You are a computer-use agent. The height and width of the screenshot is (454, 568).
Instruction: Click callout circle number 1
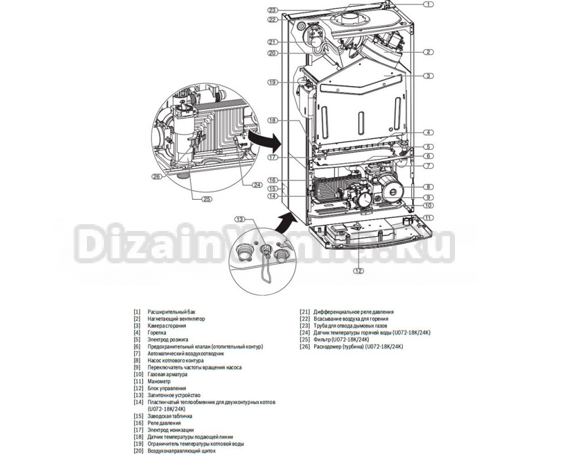pos(428,5)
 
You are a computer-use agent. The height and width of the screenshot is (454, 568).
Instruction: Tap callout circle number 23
pos(273,10)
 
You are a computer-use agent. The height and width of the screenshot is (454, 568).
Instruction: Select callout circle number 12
pos(358,271)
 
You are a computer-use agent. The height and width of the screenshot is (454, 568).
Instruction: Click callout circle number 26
pos(157,176)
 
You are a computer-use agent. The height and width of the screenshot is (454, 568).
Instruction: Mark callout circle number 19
pos(273,82)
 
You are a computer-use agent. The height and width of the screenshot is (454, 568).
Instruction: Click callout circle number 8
pos(428,187)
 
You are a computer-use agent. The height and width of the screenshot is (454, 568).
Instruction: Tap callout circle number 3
pos(428,75)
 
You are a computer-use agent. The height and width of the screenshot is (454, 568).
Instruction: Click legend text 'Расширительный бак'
pos(171,312)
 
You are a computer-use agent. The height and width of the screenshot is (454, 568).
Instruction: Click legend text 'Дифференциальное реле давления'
pos(353,312)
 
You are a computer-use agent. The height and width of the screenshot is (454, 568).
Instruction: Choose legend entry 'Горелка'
pos(157,333)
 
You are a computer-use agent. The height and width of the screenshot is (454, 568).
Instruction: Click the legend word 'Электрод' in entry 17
pos(159,430)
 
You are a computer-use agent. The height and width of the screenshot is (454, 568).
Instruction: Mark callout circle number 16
pos(273,180)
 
